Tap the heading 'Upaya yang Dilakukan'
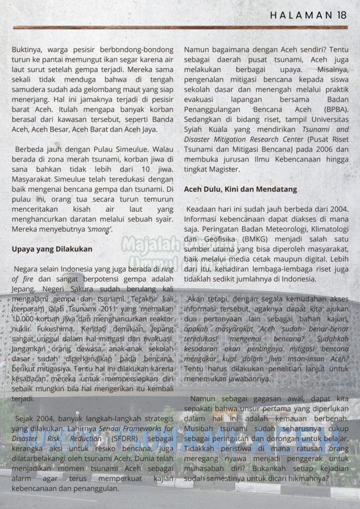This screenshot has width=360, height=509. [x=52, y=249]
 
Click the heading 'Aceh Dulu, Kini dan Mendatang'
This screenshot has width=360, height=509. [x=241, y=189]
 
